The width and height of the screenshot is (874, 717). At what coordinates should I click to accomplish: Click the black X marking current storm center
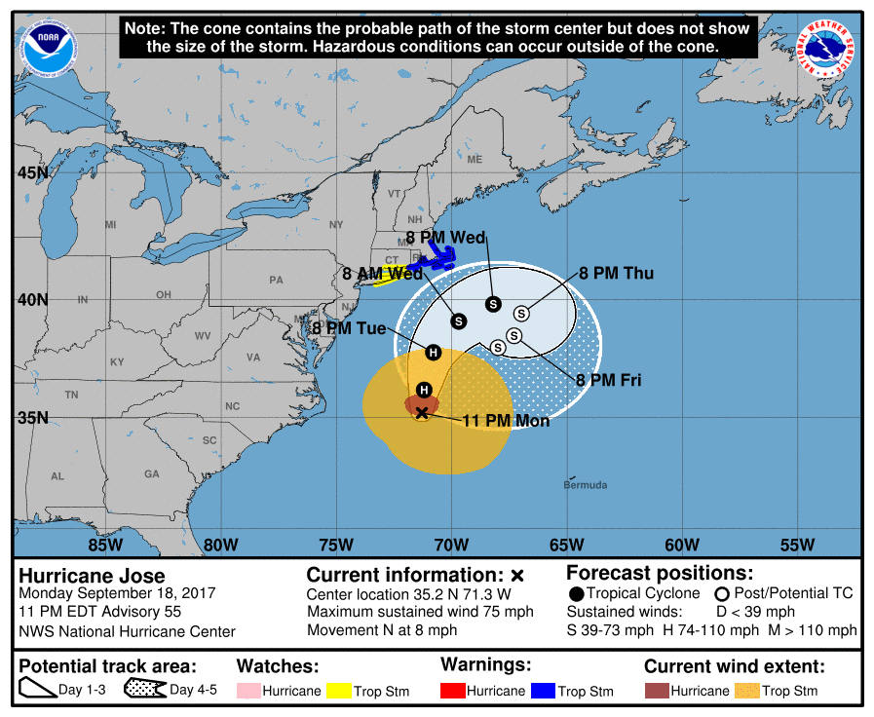click(422, 413)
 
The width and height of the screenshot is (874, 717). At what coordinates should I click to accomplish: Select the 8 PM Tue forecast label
click(350, 329)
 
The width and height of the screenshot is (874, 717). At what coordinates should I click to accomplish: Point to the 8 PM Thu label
click(616, 274)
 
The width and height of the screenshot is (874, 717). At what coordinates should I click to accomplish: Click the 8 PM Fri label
click(609, 380)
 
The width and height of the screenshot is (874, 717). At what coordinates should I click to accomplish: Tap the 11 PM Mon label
click(505, 421)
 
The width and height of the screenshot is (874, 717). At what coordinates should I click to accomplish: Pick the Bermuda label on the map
click(585, 485)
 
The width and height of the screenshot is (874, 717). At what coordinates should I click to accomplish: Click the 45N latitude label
click(32, 173)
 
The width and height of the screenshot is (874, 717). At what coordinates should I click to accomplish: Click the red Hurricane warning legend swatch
click(453, 691)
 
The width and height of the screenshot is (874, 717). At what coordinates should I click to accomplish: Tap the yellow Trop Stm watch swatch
click(338, 691)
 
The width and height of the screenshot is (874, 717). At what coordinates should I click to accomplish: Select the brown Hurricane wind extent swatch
click(658, 691)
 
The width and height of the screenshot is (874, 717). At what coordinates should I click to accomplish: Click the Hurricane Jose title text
click(93, 576)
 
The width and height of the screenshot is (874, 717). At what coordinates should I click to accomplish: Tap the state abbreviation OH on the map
click(163, 294)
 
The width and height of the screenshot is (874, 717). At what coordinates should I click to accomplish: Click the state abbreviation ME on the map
click(475, 159)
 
